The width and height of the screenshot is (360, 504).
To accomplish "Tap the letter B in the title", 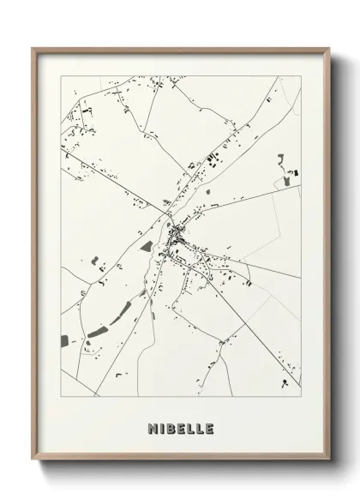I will click(x=167, y=428).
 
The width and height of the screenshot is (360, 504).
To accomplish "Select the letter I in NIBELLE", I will click(x=159, y=428).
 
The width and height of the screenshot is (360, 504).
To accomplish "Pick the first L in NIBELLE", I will click(x=188, y=428).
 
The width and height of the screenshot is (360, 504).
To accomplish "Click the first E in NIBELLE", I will click(x=177, y=428).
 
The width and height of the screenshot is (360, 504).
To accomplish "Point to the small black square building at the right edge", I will click(x=297, y=173).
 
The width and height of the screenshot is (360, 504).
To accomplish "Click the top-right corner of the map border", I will click(x=301, y=75).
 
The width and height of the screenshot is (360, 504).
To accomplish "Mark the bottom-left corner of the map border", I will click(x=60, y=397).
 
